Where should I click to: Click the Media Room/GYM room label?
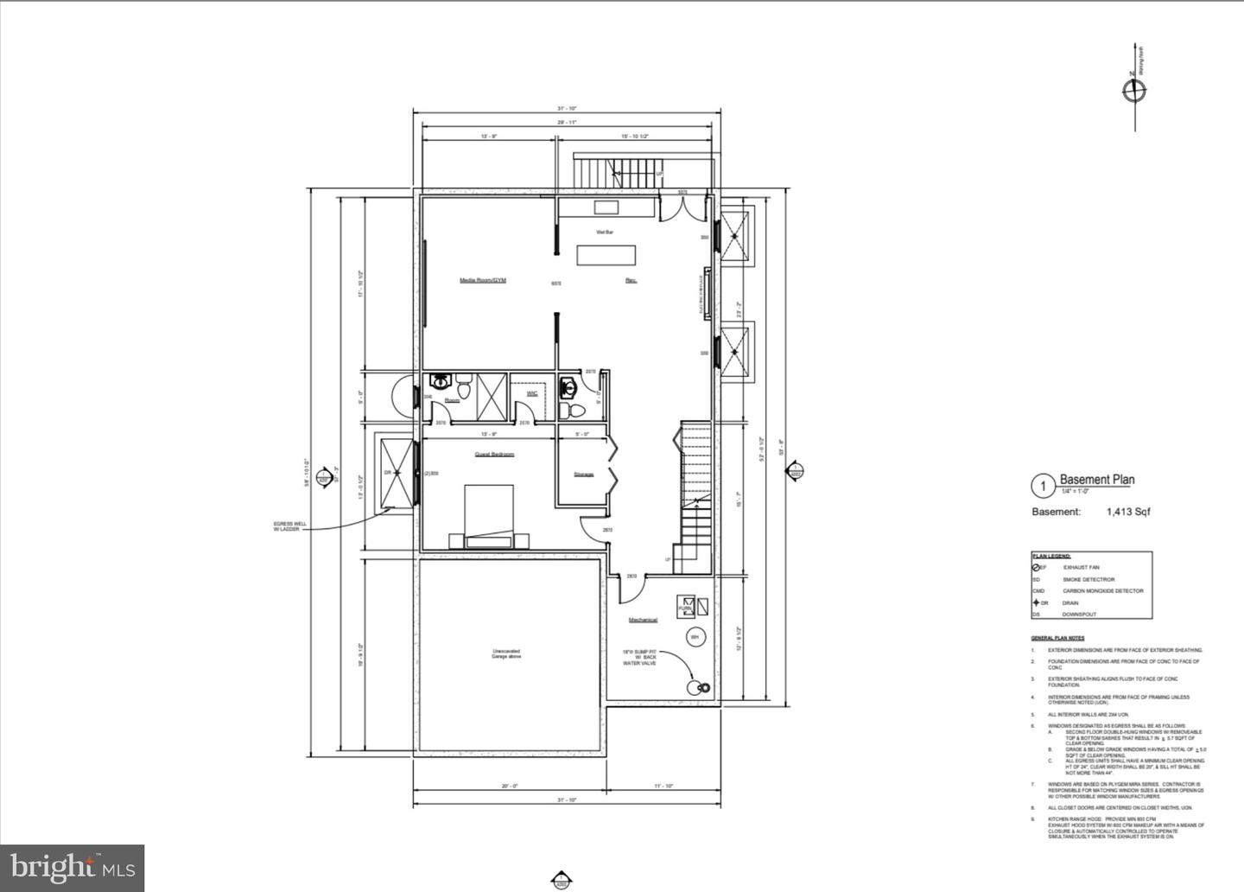pos(482,280)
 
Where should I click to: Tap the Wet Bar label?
pos(605,232)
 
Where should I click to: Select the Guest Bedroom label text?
pos(494,455)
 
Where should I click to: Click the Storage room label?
pos(584,475)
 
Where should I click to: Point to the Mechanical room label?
pos(643,620)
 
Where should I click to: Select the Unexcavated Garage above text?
pos(506,654)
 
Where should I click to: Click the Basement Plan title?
pos(1097,480)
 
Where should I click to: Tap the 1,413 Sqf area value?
pos(1128,512)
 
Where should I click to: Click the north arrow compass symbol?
pos(1133,90)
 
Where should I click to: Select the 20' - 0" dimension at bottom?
pos(509,786)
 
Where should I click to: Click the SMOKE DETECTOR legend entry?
pos(1088,579)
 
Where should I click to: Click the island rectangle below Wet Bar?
pos(606,256)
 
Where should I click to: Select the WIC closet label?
pos(532,393)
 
